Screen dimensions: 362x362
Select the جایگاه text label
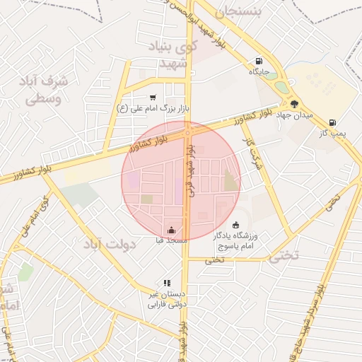click(256, 71)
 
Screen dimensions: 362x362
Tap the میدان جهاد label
click(293, 115)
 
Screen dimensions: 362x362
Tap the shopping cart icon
click(153, 98)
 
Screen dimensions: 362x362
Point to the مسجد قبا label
click(171, 240)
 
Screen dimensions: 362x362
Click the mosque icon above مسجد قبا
click(171, 230)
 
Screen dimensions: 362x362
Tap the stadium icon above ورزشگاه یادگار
click(235, 225)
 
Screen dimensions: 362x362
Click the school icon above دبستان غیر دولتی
click(167, 283)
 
